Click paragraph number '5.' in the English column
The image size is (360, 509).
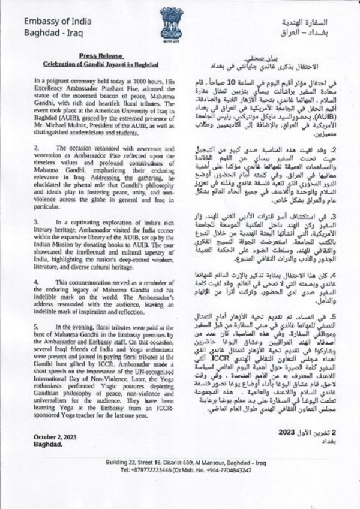(37, 322)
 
